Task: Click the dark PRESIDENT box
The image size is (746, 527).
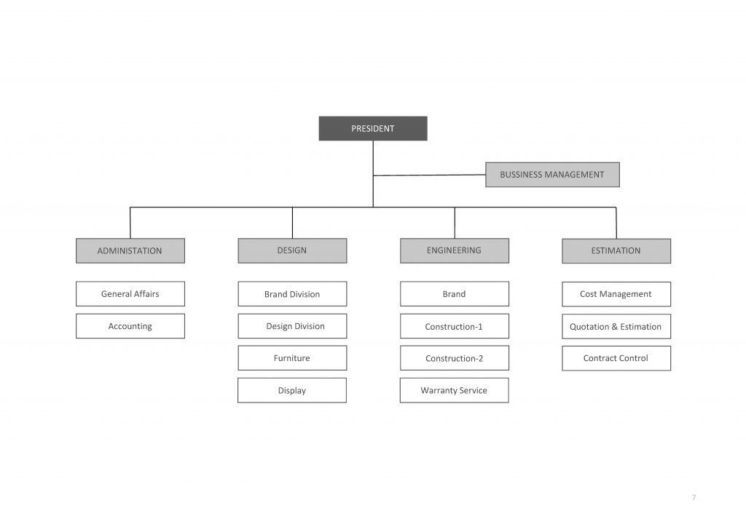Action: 373,128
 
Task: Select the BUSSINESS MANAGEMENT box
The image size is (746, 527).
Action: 552,175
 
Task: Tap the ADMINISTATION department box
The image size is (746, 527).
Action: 130,250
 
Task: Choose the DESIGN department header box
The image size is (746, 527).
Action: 292,250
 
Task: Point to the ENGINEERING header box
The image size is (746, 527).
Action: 455,250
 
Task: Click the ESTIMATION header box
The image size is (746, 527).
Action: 616,251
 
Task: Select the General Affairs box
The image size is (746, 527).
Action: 130,293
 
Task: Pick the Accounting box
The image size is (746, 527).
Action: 130,326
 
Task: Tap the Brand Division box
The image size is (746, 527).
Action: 292,293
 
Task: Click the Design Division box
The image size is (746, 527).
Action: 292,326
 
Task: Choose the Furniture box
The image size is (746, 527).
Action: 292,358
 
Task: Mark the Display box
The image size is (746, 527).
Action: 292,390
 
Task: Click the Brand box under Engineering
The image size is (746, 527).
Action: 455,293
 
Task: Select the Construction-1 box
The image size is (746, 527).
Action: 455,326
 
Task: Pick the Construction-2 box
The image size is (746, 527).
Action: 455,358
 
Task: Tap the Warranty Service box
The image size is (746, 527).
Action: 454,390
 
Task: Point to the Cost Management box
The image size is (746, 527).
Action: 616,294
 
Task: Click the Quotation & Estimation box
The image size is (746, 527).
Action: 616,327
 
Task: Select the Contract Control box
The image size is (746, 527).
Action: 616,358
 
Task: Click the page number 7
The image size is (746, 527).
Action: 694,498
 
